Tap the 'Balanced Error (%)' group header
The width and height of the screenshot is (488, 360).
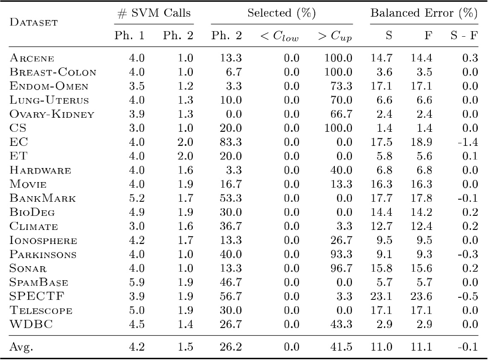(423, 13)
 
